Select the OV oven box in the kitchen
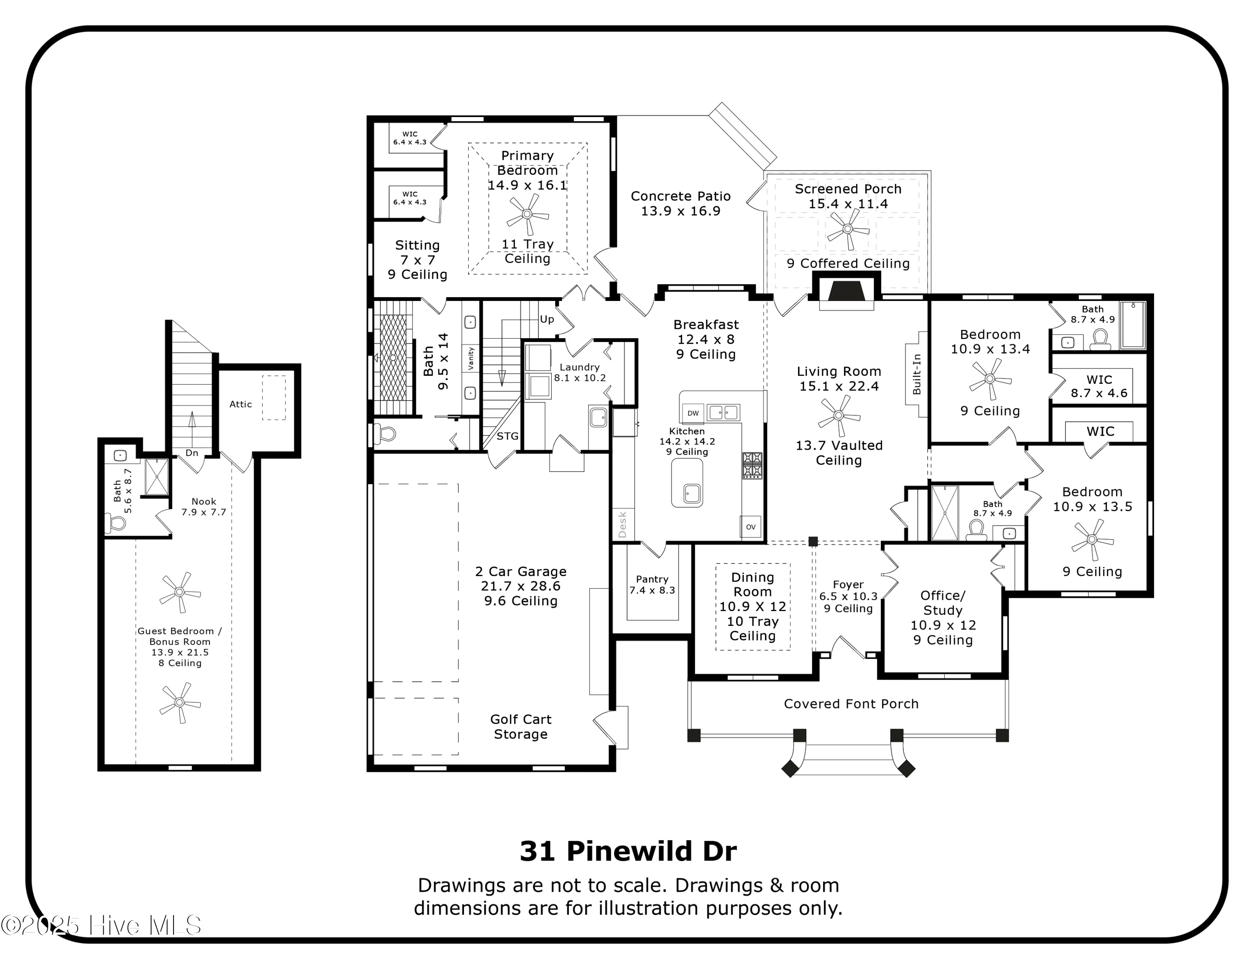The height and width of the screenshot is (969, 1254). (x=750, y=526)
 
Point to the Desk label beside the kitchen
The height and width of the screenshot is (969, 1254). (x=622, y=525)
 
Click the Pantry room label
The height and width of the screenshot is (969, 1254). (x=652, y=584)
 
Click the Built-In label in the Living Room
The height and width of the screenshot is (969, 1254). (x=916, y=374)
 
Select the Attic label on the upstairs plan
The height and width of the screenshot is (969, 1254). (x=241, y=404)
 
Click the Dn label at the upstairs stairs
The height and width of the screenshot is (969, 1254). (x=192, y=453)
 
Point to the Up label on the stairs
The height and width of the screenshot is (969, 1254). (x=547, y=319)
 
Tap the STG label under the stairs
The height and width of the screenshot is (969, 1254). (x=507, y=436)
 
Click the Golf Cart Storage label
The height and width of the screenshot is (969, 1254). (x=521, y=727)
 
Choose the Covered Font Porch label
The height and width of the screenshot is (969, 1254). (x=851, y=704)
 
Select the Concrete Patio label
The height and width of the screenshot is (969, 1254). (x=681, y=203)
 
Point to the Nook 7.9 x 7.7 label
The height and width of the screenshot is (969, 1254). (x=204, y=506)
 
